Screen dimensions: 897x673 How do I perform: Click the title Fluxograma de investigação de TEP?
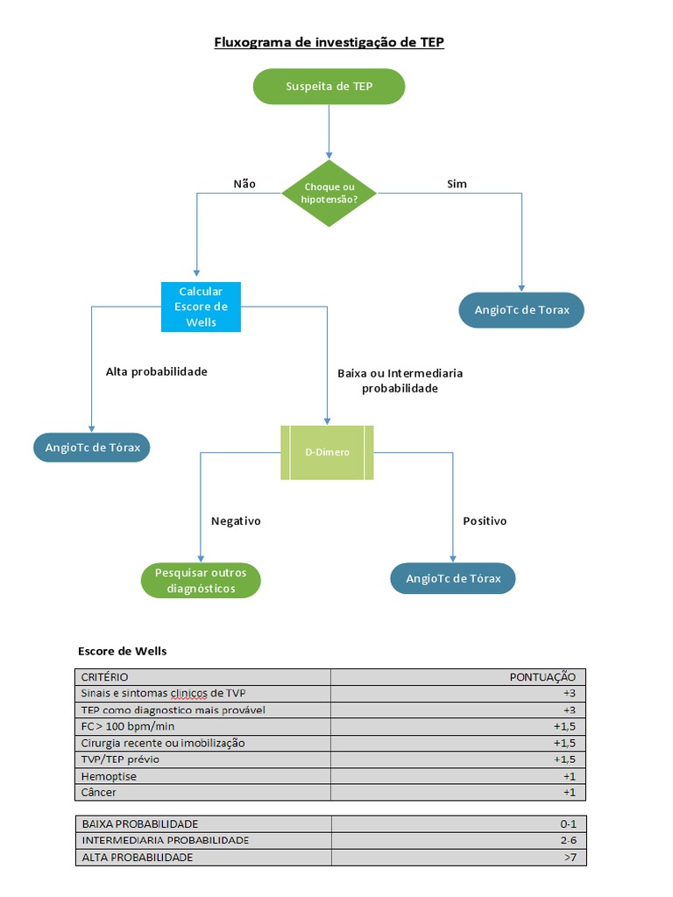click(x=329, y=42)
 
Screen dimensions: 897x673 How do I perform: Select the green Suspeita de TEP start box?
click(x=329, y=87)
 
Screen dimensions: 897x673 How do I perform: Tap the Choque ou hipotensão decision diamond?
click(x=329, y=193)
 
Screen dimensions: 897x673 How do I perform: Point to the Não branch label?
click(x=244, y=184)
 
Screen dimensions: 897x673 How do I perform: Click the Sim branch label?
click(x=457, y=184)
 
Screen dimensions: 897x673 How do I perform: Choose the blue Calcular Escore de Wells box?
click(x=201, y=307)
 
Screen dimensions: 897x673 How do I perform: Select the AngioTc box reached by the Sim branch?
click(x=521, y=310)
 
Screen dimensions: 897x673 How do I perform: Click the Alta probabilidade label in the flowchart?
click(x=156, y=371)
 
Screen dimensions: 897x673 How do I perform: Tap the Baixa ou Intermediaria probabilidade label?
click(x=400, y=380)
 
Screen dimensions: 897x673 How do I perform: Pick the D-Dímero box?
click(x=327, y=452)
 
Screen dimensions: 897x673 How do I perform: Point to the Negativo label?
click(x=236, y=520)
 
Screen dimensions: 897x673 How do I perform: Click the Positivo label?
click(x=485, y=520)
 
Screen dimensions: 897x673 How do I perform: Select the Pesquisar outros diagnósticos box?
click(x=201, y=580)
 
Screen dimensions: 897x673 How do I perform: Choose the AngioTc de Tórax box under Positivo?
click(x=453, y=578)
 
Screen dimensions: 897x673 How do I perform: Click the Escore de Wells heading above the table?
click(x=122, y=651)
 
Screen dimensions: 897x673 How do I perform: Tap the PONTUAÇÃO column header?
click(x=542, y=676)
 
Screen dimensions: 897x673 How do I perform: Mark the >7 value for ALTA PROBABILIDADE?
click(x=569, y=858)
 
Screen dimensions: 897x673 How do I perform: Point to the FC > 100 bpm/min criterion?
click(x=128, y=726)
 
